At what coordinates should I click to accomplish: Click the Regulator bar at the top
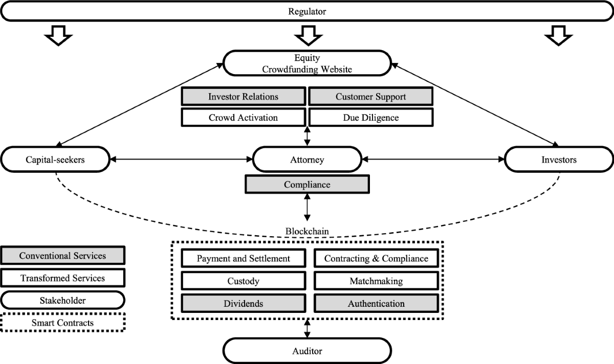[307, 11]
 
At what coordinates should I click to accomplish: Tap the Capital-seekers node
[55, 160]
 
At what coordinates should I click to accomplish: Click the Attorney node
[307, 160]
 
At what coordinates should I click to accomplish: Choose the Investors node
[559, 160]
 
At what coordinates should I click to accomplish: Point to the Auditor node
[307, 351]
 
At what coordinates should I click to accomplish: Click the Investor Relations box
[243, 97]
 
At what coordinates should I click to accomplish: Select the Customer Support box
[371, 97]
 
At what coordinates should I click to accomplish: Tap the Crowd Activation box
[243, 118]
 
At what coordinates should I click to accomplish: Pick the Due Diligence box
[371, 118]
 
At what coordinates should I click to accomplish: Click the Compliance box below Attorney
[307, 185]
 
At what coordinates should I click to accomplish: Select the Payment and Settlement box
[244, 258]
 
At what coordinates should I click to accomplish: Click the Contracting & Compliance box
[376, 258]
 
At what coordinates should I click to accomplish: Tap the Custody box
[244, 281]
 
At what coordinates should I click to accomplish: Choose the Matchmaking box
[376, 281]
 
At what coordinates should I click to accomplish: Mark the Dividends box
[244, 303]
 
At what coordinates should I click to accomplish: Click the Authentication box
[376, 303]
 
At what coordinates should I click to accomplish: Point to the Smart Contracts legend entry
[62, 323]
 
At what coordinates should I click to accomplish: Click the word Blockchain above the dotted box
[307, 231]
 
